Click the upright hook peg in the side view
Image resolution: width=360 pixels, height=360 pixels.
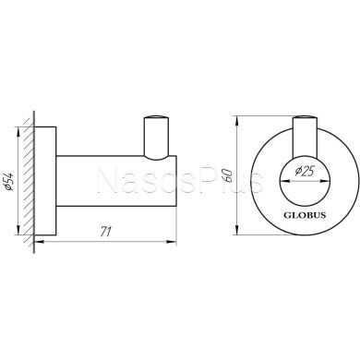click(154, 134)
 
